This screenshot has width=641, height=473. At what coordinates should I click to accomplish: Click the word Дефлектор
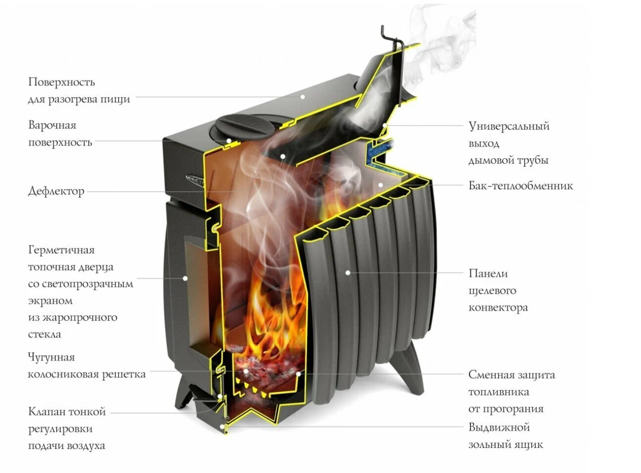[x=56, y=191]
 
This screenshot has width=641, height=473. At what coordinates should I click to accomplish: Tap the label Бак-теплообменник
[x=521, y=186]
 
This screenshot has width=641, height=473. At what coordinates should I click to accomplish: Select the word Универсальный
[x=509, y=126]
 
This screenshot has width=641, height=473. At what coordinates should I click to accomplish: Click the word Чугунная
[x=51, y=358]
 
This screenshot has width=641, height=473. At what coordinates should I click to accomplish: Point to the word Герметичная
[x=61, y=250]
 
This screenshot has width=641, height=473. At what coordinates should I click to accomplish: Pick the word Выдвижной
[x=499, y=428]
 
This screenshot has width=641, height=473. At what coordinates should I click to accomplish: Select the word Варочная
[x=52, y=125]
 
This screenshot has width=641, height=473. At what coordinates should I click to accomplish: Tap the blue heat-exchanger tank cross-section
[x=379, y=152]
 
